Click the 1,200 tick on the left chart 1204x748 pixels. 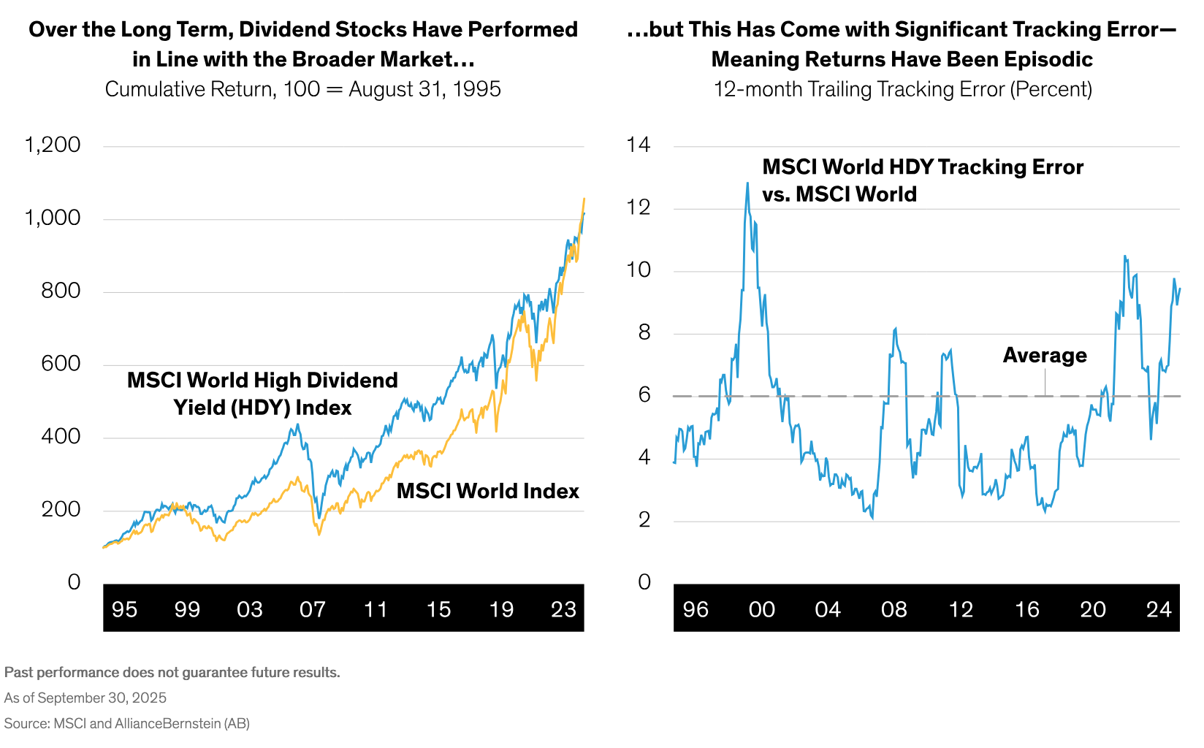point(52,145)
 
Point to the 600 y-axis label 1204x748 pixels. point(61,364)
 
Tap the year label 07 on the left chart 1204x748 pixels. point(312,609)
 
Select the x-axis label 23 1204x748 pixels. point(563,609)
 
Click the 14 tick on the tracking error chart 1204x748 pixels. point(638,145)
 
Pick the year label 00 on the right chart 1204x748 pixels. point(761,609)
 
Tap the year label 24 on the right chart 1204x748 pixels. point(1159,609)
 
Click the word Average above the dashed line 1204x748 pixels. point(1044,355)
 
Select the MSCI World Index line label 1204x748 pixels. point(487,491)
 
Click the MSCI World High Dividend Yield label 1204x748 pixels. point(262,394)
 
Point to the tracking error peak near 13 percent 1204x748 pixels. point(747,183)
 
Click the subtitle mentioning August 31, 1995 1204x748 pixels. point(302,89)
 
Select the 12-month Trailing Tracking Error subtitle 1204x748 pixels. point(902,89)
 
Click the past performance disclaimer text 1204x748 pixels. point(172,672)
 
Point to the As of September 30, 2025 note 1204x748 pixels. point(85,698)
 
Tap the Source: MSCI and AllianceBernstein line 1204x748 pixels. point(127,723)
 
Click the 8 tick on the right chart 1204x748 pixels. point(644,332)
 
